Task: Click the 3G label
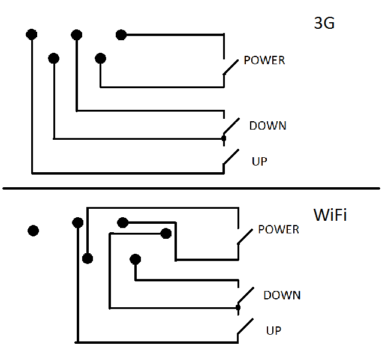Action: point(324,24)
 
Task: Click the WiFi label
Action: point(330,215)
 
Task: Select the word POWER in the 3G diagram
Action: point(264,61)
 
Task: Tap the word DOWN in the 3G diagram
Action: point(267,126)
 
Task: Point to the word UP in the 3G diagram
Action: point(260,161)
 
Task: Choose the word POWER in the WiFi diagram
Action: point(278,230)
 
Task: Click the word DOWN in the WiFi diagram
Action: point(282,295)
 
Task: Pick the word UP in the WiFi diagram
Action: point(273,331)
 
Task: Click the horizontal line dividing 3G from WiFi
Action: point(191,188)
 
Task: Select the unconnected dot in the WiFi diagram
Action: point(34,230)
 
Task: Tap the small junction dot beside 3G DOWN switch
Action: point(224,139)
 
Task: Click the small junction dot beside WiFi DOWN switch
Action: point(238,307)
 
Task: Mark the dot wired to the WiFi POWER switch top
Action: point(88,259)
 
